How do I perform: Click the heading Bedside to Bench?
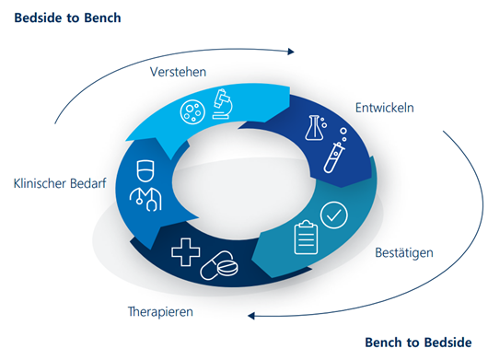[67, 17]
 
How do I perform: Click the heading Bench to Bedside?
[418, 343]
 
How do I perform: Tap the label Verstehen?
[178, 72]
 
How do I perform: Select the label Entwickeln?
[385, 108]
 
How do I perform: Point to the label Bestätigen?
[404, 252]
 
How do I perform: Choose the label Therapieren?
[160, 312]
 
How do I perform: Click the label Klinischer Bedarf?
[60, 183]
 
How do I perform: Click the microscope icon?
[223, 104]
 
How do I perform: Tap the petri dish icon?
[192, 111]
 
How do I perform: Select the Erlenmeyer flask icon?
[314, 128]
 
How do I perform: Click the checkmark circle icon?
[334, 215]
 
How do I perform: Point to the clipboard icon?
[306, 238]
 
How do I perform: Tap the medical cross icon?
[186, 252]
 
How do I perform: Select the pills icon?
[219, 266]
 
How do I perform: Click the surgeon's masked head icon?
[145, 170]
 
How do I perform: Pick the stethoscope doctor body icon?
[145, 199]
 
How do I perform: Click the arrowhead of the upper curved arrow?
[291, 52]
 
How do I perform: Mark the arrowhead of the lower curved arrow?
[251, 316]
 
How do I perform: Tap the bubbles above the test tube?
[343, 134]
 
